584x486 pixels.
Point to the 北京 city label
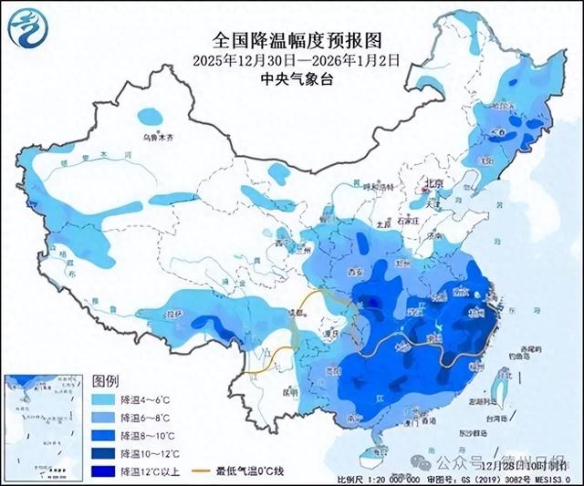coord(432,184)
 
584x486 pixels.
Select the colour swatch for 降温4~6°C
coord(103,400)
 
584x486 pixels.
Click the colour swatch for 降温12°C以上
coord(103,470)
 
